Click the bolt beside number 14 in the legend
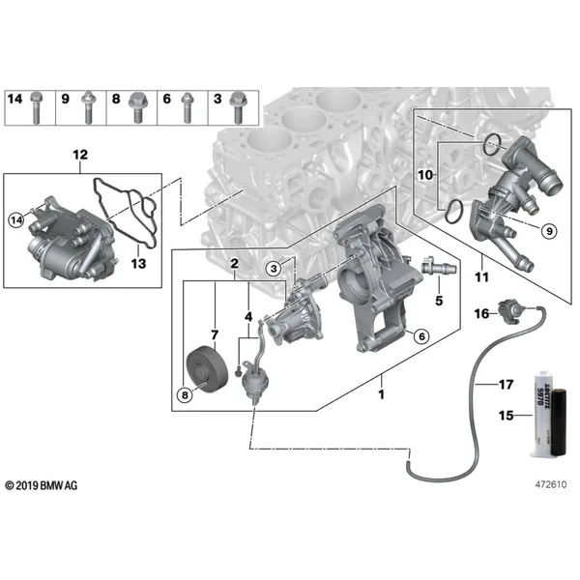(x=36, y=107)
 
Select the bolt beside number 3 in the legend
(x=238, y=107)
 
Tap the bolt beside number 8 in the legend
(x=138, y=107)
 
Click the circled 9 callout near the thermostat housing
(x=549, y=231)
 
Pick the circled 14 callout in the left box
(x=16, y=220)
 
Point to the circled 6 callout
(x=421, y=336)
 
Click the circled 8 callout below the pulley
(x=185, y=395)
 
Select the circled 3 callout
(x=274, y=268)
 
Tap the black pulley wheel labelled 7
(x=207, y=367)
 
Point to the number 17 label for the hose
(x=506, y=385)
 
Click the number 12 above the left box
(x=80, y=155)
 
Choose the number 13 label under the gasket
(x=138, y=264)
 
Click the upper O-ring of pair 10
(x=493, y=145)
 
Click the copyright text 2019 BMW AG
(x=42, y=485)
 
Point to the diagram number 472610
(x=551, y=484)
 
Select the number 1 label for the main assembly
(x=382, y=394)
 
